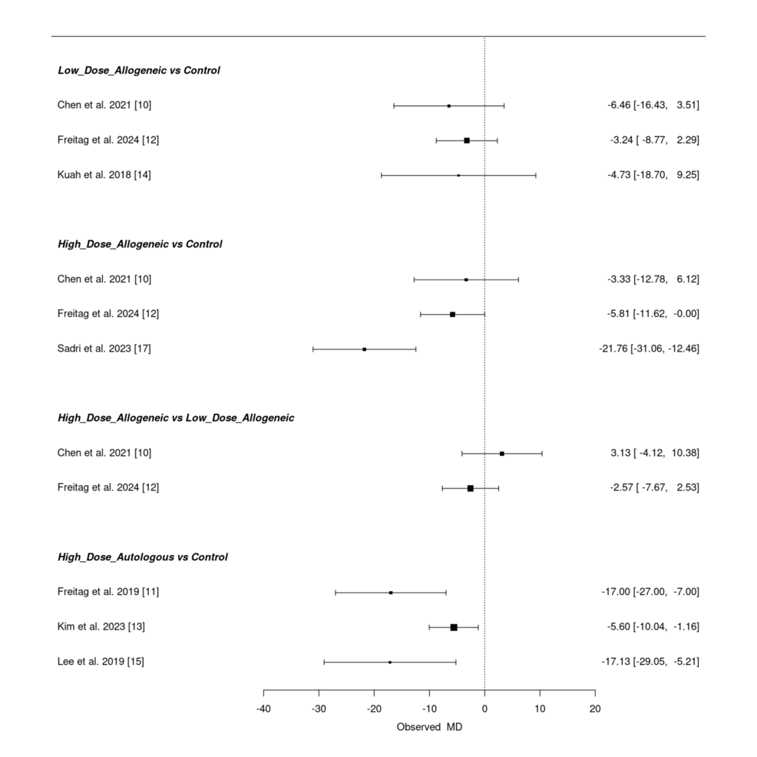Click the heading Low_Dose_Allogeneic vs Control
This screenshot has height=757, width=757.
(x=139, y=71)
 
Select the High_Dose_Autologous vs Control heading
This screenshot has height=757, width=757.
(x=143, y=557)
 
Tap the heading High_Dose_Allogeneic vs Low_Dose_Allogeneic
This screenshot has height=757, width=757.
(x=176, y=418)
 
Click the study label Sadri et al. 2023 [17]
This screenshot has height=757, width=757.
(x=104, y=349)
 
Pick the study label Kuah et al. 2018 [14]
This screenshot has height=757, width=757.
(x=104, y=175)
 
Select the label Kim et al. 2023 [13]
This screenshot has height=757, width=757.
(x=101, y=627)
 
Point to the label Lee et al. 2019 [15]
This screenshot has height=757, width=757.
(x=101, y=662)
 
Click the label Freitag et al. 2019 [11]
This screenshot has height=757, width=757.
(x=108, y=592)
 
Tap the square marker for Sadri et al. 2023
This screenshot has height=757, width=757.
(x=364, y=349)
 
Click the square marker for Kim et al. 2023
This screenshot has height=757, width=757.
(x=454, y=627)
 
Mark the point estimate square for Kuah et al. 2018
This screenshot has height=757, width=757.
(x=458, y=175)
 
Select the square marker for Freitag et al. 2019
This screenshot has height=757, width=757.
(x=391, y=593)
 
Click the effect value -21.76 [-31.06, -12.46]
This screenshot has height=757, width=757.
(x=649, y=349)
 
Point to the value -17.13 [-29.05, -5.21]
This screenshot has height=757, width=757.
(x=650, y=662)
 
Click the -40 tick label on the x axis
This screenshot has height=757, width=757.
(x=263, y=708)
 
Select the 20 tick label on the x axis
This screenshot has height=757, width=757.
(x=595, y=708)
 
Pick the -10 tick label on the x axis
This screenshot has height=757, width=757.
(x=428, y=708)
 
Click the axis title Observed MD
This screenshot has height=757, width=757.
(x=429, y=727)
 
